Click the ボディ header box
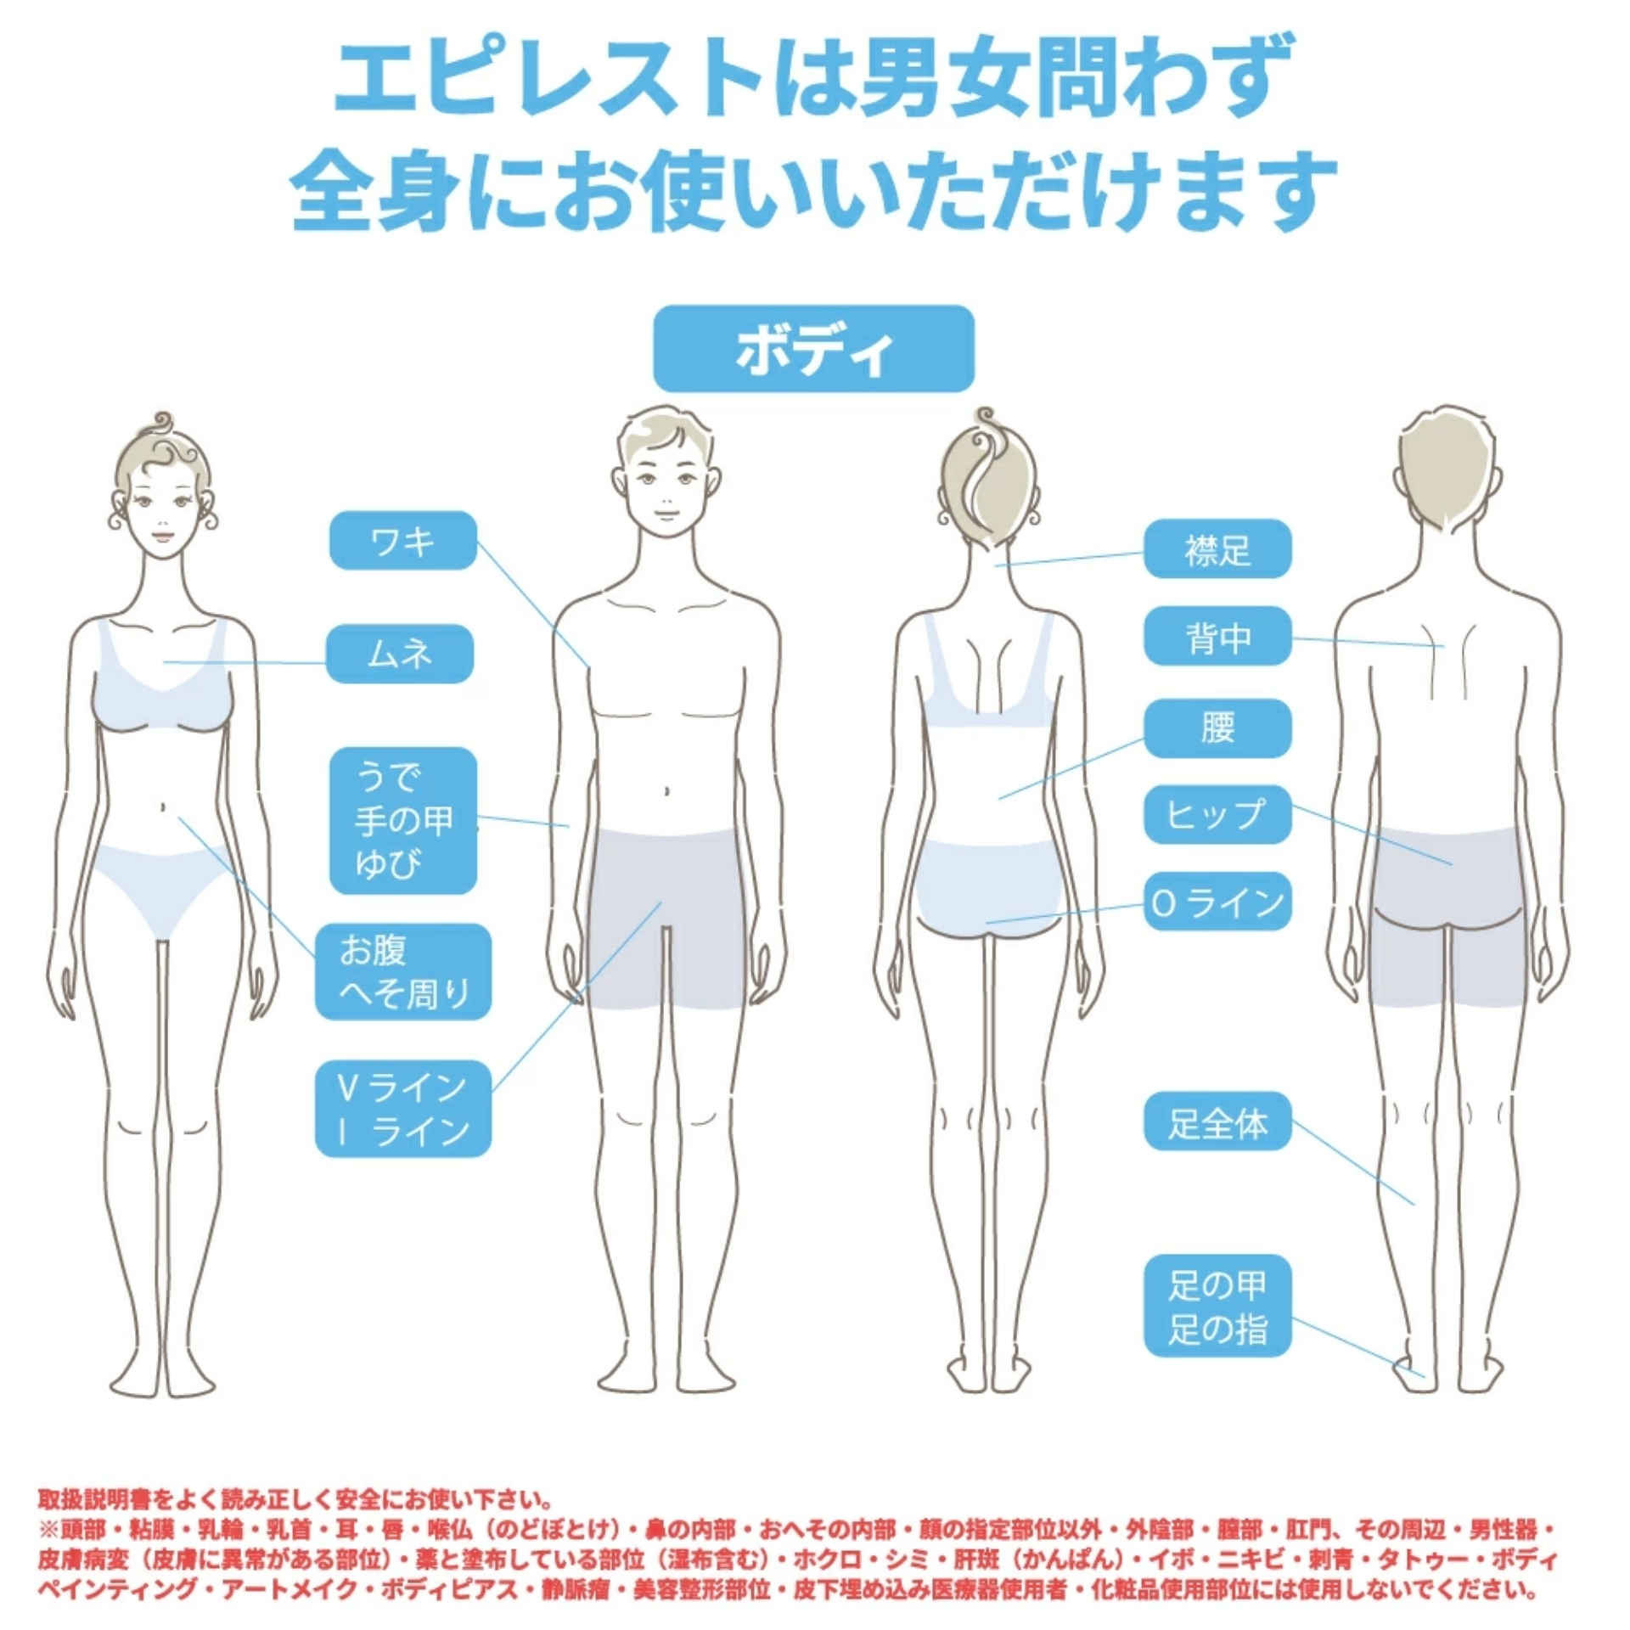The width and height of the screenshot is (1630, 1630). [813, 349]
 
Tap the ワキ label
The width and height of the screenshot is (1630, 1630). [403, 540]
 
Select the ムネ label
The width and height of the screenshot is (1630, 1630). [400, 654]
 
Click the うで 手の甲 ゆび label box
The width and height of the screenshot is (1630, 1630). [403, 820]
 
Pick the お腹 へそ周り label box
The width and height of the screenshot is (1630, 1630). [403, 971]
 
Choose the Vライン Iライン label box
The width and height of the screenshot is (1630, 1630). [403, 1109]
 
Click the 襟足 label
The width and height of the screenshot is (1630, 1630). [1217, 549]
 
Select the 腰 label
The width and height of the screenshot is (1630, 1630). [1217, 728]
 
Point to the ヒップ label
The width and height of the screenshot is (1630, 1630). [1217, 814]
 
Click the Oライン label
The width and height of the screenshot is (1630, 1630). [1217, 902]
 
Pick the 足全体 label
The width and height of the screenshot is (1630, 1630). [1217, 1124]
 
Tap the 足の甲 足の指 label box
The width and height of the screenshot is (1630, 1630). [1217, 1308]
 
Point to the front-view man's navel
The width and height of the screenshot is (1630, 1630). [666, 791]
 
